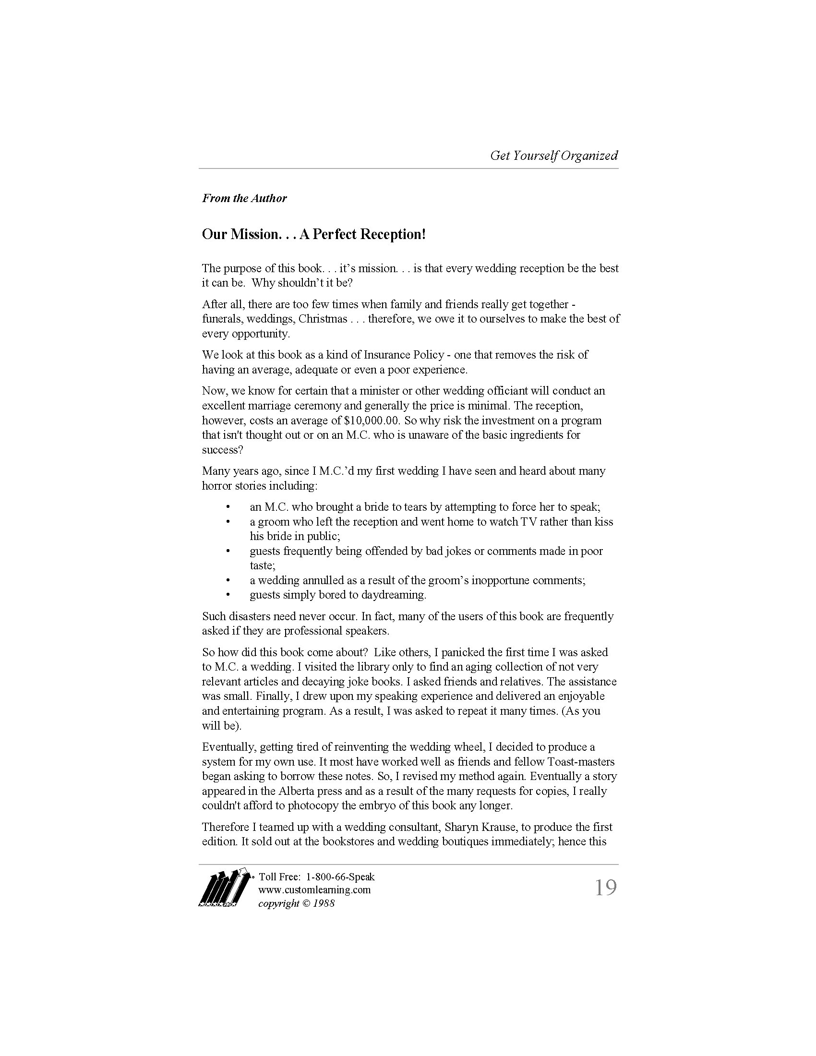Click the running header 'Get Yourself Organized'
pyautogui.click(x=553, y=156)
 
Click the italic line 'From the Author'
pyautogui.click(x=244, y=198)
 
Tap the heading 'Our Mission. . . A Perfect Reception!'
pyautogui.click(x=314, y=235)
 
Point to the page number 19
pyautogui.click(x=605, y=888)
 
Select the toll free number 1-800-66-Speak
pyautogui.click(x=340, y=876)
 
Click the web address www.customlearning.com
pyautogui.click(x=314, y=889)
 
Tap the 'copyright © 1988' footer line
pyautogui.click(x=296, y=903)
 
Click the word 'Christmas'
pyautogui.click(x=323, y=319)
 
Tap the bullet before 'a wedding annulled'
pyautogui.click(x=227, y=580)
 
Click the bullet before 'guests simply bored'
pyautogui.click(x=227, y=595)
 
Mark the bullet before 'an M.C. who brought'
pyautogui.click(x=227, y=507)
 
